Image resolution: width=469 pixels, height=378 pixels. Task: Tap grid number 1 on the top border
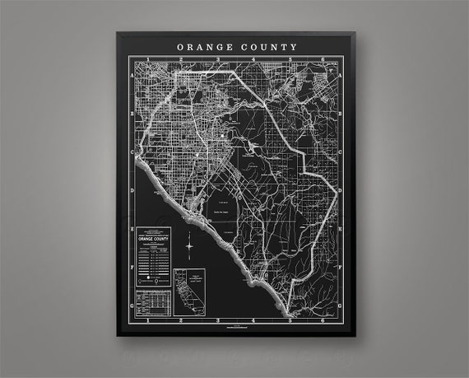point(147,60)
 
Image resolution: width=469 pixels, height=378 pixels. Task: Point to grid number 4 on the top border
point(254,60)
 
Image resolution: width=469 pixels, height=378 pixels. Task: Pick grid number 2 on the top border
point(182,60)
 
